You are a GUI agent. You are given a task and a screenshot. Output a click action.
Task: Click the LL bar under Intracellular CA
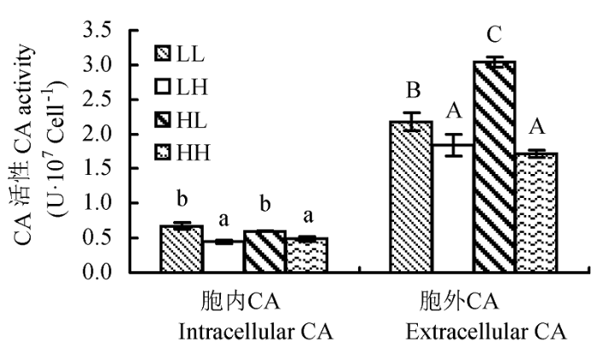(182, 249)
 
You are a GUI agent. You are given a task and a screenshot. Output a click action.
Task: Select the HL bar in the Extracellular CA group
(495, 166)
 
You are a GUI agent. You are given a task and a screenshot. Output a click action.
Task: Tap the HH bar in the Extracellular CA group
(536, 212)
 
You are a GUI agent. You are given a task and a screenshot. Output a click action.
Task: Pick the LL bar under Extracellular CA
(411, 196)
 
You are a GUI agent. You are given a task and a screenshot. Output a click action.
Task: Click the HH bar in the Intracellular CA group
(307, 255)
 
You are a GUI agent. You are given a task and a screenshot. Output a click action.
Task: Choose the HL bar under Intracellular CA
(264, 252)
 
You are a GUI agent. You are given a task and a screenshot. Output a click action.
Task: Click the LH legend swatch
(163, 87)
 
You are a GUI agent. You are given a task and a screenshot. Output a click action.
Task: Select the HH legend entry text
(194, 154)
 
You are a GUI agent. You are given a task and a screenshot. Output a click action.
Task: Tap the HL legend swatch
(163, 120)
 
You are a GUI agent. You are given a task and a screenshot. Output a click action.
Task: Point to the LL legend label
(190, 55)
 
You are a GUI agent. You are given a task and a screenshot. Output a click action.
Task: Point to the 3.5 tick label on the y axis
(97, 31)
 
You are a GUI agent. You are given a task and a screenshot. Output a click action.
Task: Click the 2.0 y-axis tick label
(97, 134)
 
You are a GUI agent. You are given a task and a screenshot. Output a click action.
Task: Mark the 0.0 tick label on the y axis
(97, 272)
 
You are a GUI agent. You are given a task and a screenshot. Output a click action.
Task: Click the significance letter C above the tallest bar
(494, 35)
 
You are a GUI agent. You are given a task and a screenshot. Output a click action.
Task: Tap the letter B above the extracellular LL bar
(414, 90)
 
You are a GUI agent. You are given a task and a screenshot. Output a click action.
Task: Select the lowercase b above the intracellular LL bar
(183, 199)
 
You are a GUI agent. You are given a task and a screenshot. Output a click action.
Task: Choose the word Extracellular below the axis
(461, 332)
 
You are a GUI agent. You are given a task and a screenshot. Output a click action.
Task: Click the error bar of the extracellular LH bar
(454, 145)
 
